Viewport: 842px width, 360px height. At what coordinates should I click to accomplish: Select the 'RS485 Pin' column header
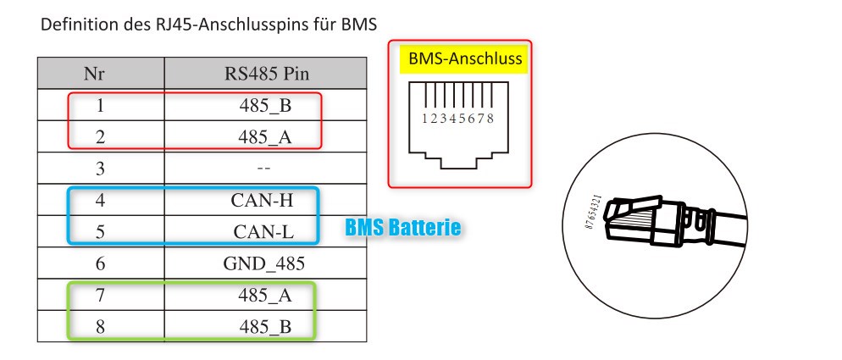point(266,73)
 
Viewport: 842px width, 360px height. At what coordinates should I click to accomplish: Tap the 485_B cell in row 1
point(265,105)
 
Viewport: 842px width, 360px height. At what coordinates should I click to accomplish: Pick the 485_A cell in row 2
point(265,137)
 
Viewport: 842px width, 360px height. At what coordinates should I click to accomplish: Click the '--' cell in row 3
point(263,169)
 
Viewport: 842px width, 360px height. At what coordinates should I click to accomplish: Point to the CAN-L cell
point(264,231)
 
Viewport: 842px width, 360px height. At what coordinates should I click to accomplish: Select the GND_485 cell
point(264,263)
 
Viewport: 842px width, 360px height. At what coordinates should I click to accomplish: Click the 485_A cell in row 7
point(265,295)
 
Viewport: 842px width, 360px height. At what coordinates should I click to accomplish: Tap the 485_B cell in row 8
point(265,327)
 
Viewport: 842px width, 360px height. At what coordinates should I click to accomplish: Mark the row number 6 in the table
point(101,263)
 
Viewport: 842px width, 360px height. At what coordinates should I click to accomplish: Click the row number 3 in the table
point(101,169)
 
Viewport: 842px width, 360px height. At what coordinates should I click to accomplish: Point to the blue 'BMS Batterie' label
point(402,227)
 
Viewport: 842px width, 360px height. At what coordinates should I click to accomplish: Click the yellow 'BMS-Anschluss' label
point(465,58)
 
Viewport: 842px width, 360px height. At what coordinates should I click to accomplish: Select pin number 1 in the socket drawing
point(424,119)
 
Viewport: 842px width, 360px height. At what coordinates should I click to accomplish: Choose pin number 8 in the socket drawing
point(490,119)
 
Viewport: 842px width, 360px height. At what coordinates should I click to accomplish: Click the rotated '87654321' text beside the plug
point(591,213)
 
